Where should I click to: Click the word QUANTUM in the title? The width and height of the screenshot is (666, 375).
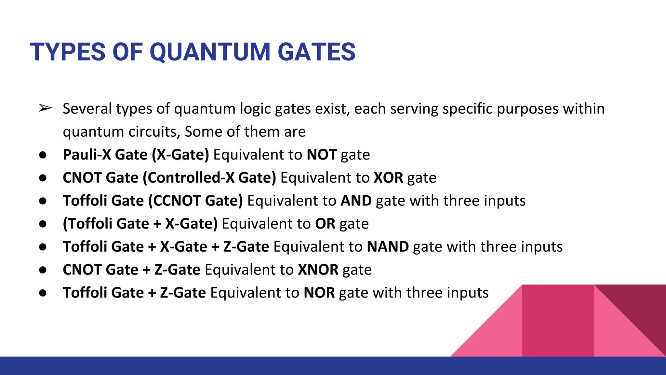[210, 52]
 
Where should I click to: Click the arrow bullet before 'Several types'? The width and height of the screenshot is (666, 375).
[45, 108]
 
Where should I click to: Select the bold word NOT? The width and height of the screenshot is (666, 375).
[321, 155]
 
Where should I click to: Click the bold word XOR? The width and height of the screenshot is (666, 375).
[388, 178]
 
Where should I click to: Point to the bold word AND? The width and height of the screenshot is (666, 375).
[356, 201]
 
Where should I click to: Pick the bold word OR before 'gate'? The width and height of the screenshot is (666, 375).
[325, 224]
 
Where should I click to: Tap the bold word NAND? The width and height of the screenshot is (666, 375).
[388, 247]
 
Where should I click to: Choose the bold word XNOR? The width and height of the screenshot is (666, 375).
[318, 270]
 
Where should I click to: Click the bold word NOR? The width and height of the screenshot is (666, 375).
[319, 293]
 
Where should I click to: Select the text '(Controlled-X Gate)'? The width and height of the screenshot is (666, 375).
[209, 178]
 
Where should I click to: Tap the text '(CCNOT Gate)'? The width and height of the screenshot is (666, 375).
[195, 201]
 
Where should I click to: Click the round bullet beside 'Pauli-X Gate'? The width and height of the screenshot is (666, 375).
[43, 155]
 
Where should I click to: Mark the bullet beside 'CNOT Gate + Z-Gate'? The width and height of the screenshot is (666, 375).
[43, 270]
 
